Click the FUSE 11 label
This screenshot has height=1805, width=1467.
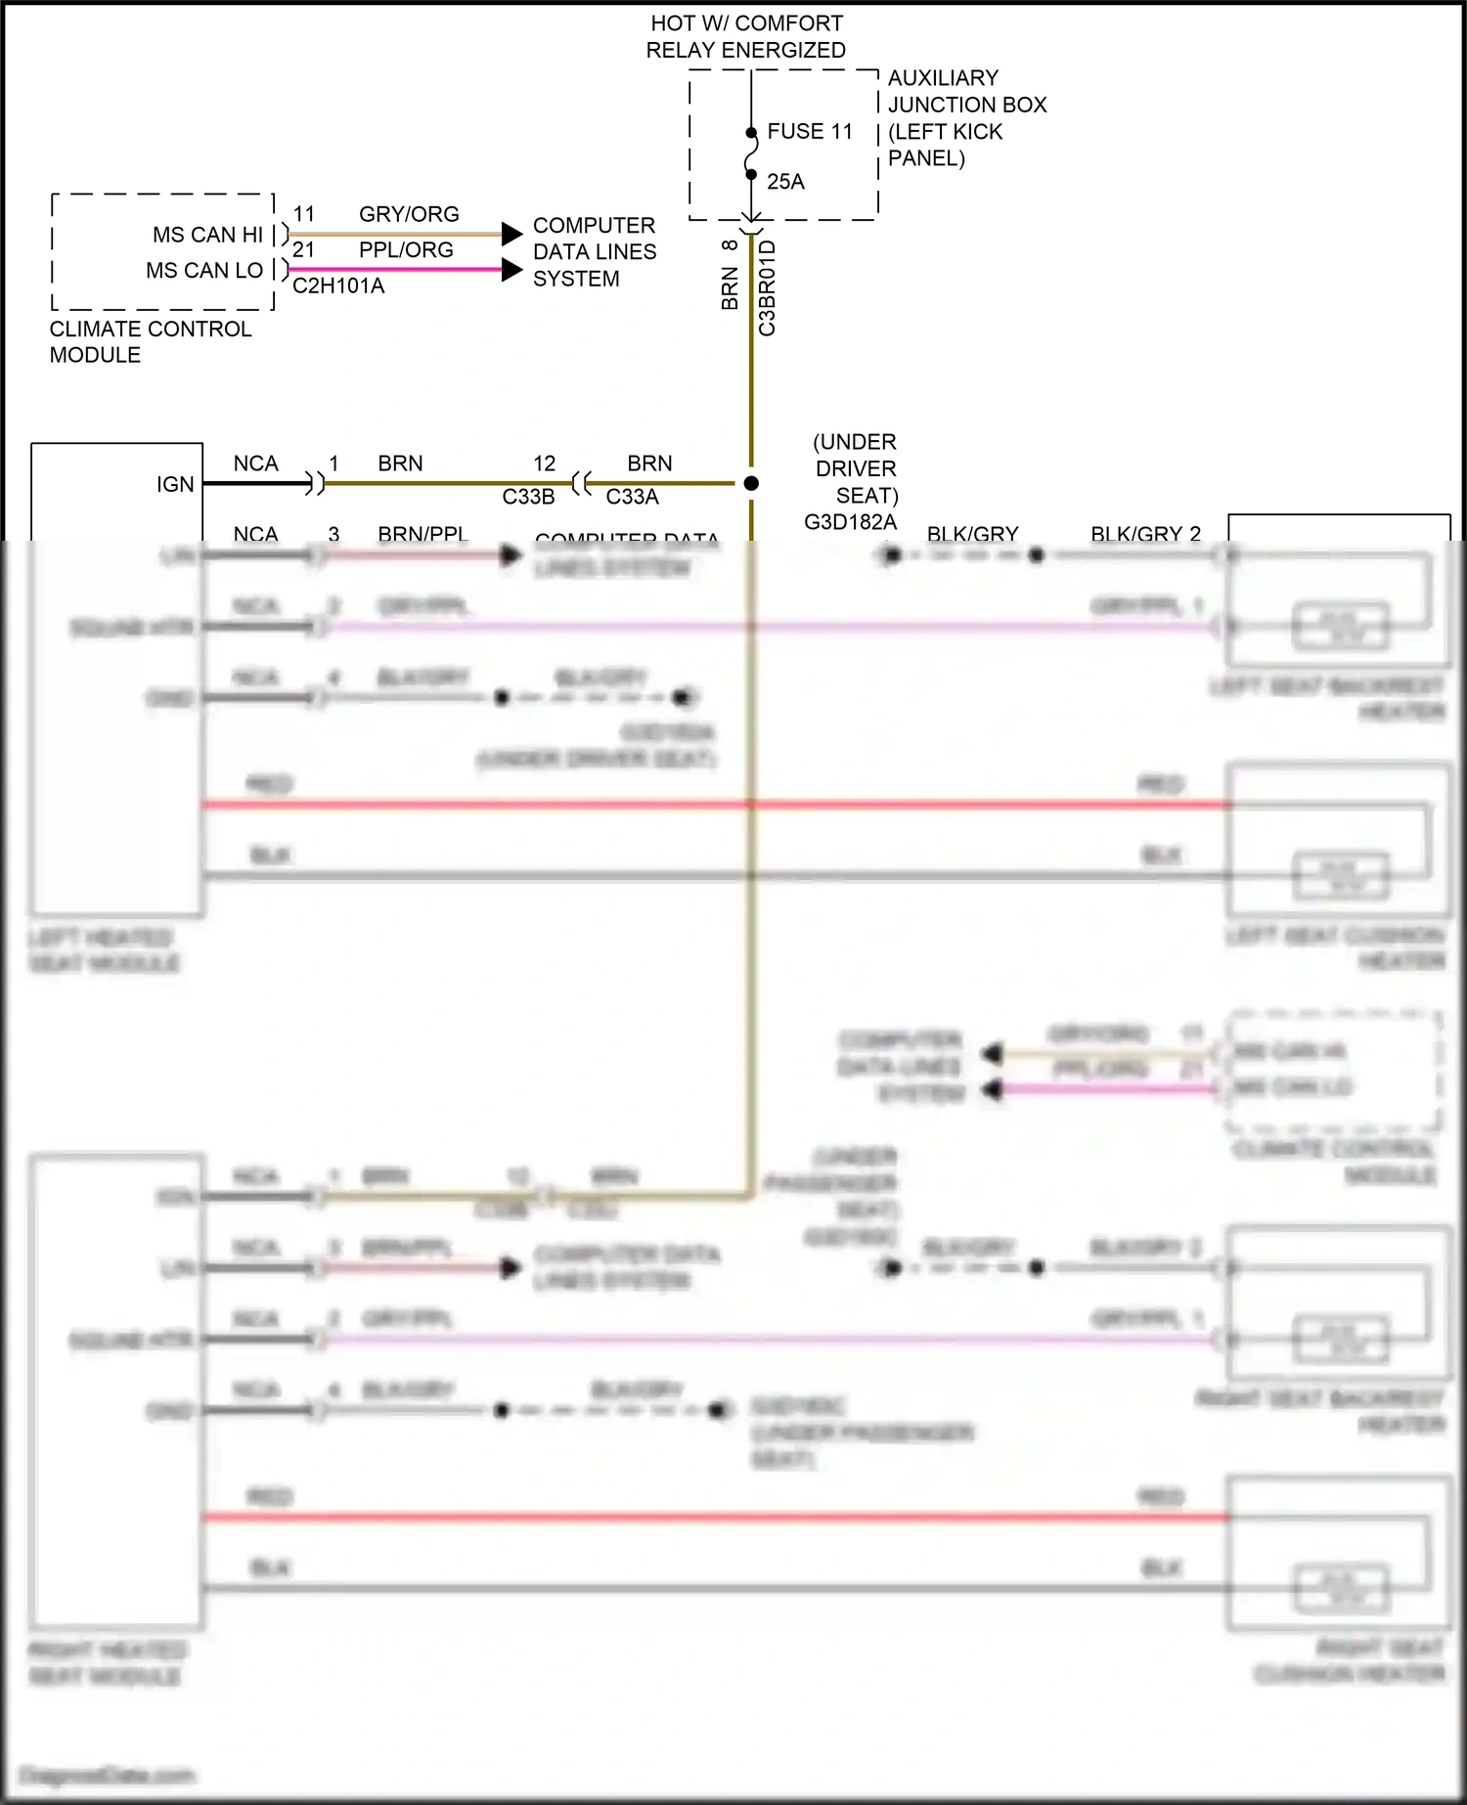click(809, 131)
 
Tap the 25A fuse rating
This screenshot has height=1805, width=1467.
click(785, 182)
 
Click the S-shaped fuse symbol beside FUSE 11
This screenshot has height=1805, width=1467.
click(751, 154)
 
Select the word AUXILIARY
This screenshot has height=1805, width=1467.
click(943, 78)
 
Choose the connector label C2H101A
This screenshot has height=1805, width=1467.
click(338, 286)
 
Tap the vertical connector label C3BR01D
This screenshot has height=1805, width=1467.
click(768, 288)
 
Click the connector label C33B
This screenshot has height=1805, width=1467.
click(528, 497)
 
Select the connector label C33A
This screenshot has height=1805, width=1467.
click(632, 497)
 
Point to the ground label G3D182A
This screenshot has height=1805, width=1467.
click(850, 522)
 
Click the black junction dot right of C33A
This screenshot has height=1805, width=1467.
click(751, 483)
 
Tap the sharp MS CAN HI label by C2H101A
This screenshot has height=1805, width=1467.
click(207, 235)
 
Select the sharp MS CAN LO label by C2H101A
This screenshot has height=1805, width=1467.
click(204, 271)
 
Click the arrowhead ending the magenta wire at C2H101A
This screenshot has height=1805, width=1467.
click(511, 270)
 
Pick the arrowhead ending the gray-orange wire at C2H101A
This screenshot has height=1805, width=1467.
click(511, 234)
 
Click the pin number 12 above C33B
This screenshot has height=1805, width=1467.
click(544, 463)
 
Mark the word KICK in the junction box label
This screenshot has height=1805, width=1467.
click(976, 132)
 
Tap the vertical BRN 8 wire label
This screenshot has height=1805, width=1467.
click(730, 276)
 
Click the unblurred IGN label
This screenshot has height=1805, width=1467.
click(175, 485)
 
